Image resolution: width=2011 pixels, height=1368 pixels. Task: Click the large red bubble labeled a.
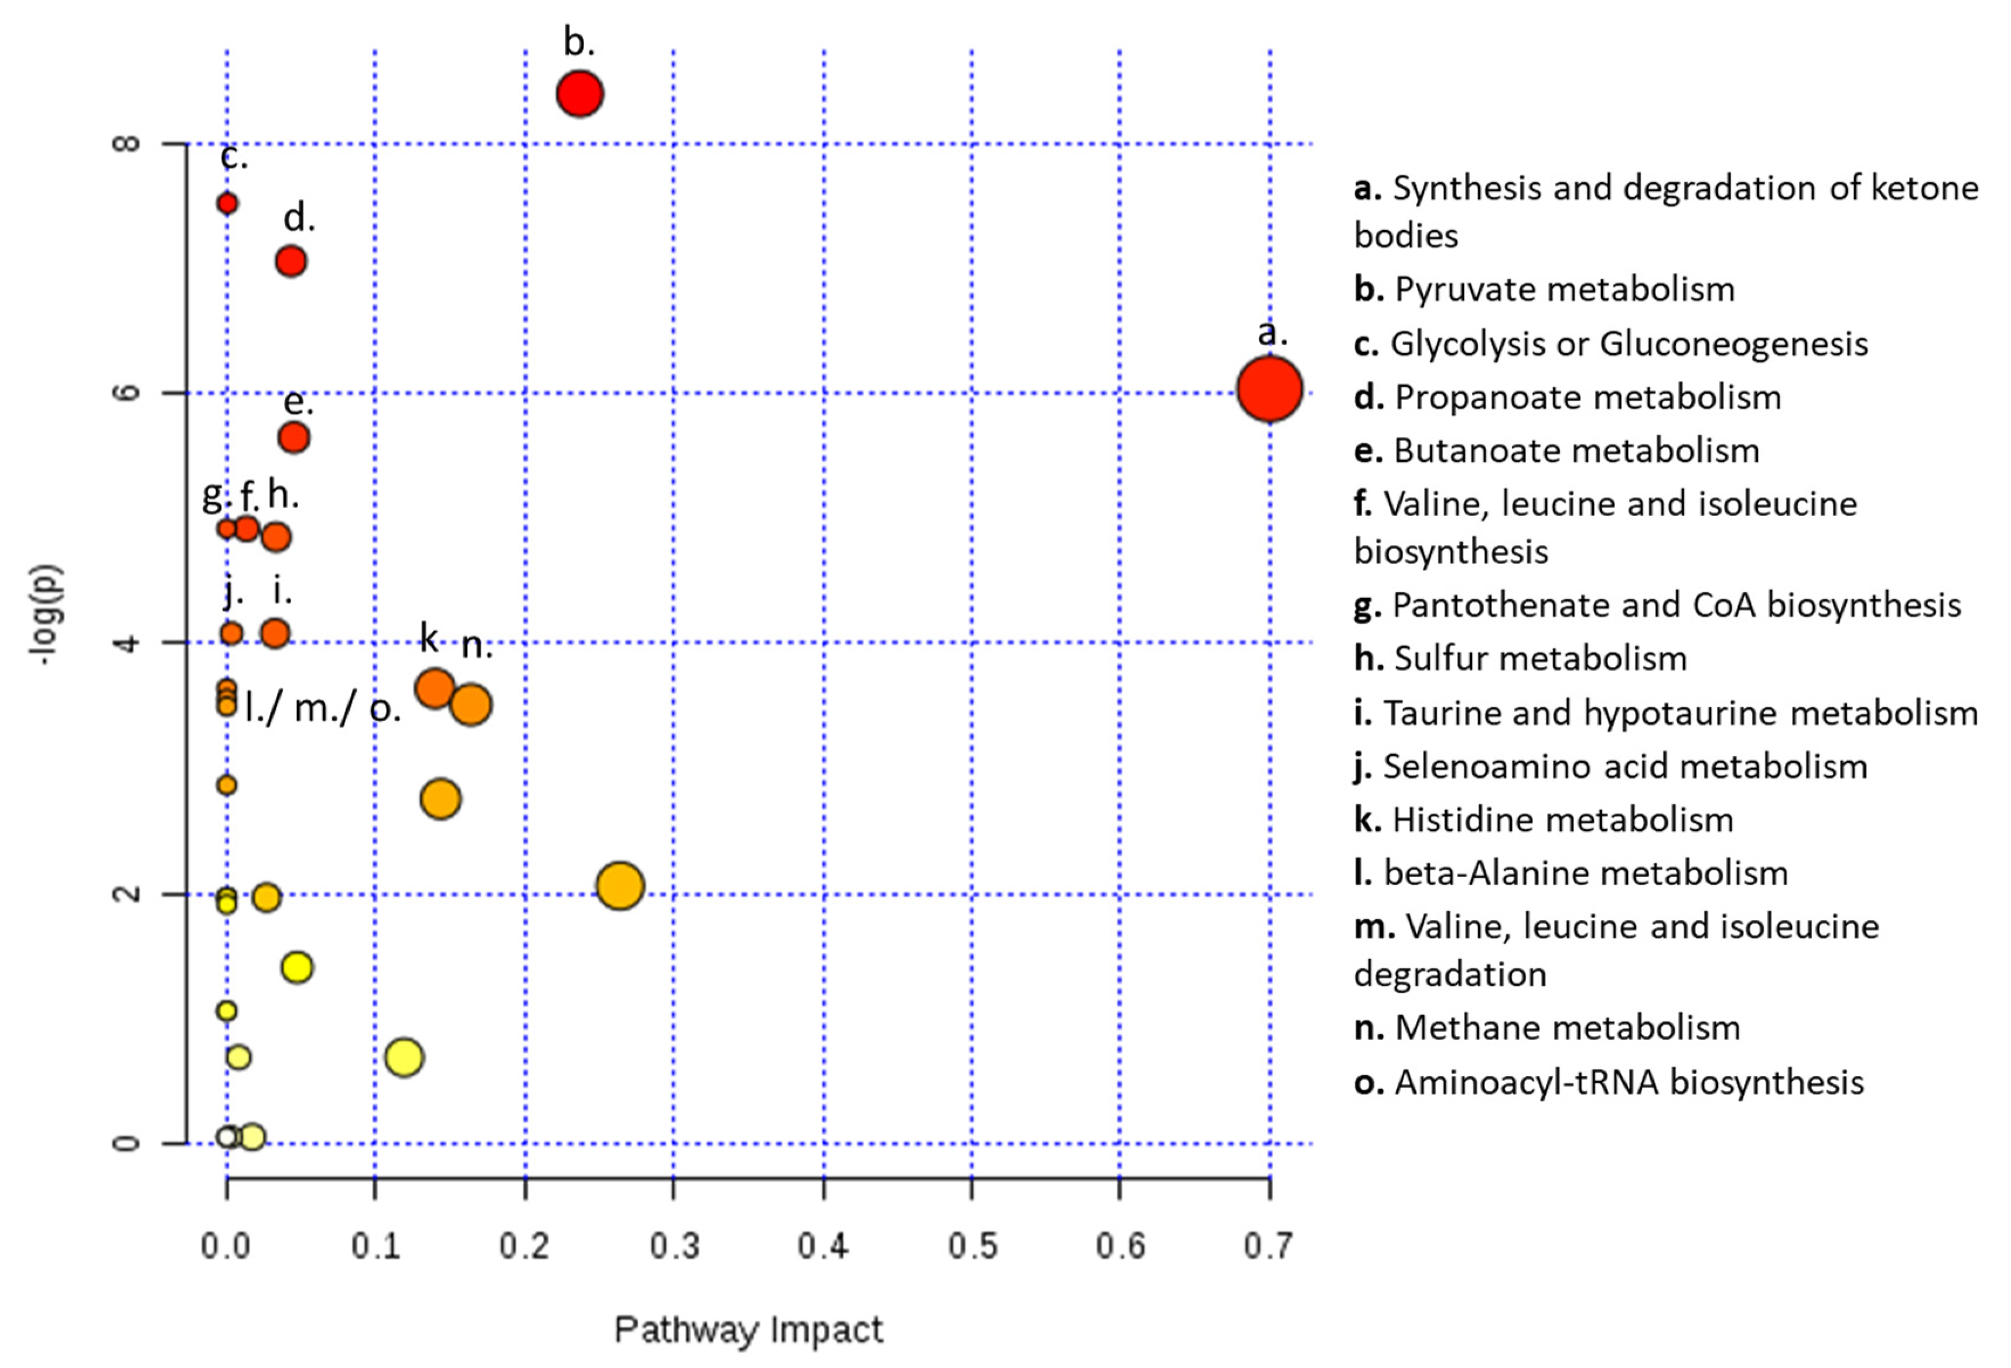pos(1269,390)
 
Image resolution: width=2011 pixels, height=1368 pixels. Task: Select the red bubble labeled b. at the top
pos(580,94)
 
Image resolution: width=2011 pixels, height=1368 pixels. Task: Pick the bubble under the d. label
pos(292,261)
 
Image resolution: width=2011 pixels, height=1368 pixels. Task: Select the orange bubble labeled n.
pos(472,704)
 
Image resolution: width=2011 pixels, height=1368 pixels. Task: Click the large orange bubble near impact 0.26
pos(620,886)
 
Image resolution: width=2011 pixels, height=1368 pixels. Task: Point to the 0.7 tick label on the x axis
pos(1269,1246)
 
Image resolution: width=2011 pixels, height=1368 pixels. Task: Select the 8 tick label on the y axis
pos(127,143)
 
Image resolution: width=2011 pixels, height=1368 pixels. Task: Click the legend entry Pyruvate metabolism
pos(1545,289)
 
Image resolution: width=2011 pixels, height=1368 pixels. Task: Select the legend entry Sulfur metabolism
pos(1520,659)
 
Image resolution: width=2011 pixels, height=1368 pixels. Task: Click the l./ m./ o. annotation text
pos(323,709)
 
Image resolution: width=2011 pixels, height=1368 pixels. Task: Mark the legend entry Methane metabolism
pos(1547,1028)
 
